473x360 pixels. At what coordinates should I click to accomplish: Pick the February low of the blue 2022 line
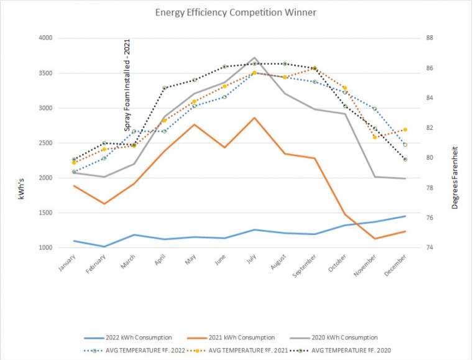[x=104, y=246]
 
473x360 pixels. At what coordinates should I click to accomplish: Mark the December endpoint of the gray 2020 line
[x=405, y=178]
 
